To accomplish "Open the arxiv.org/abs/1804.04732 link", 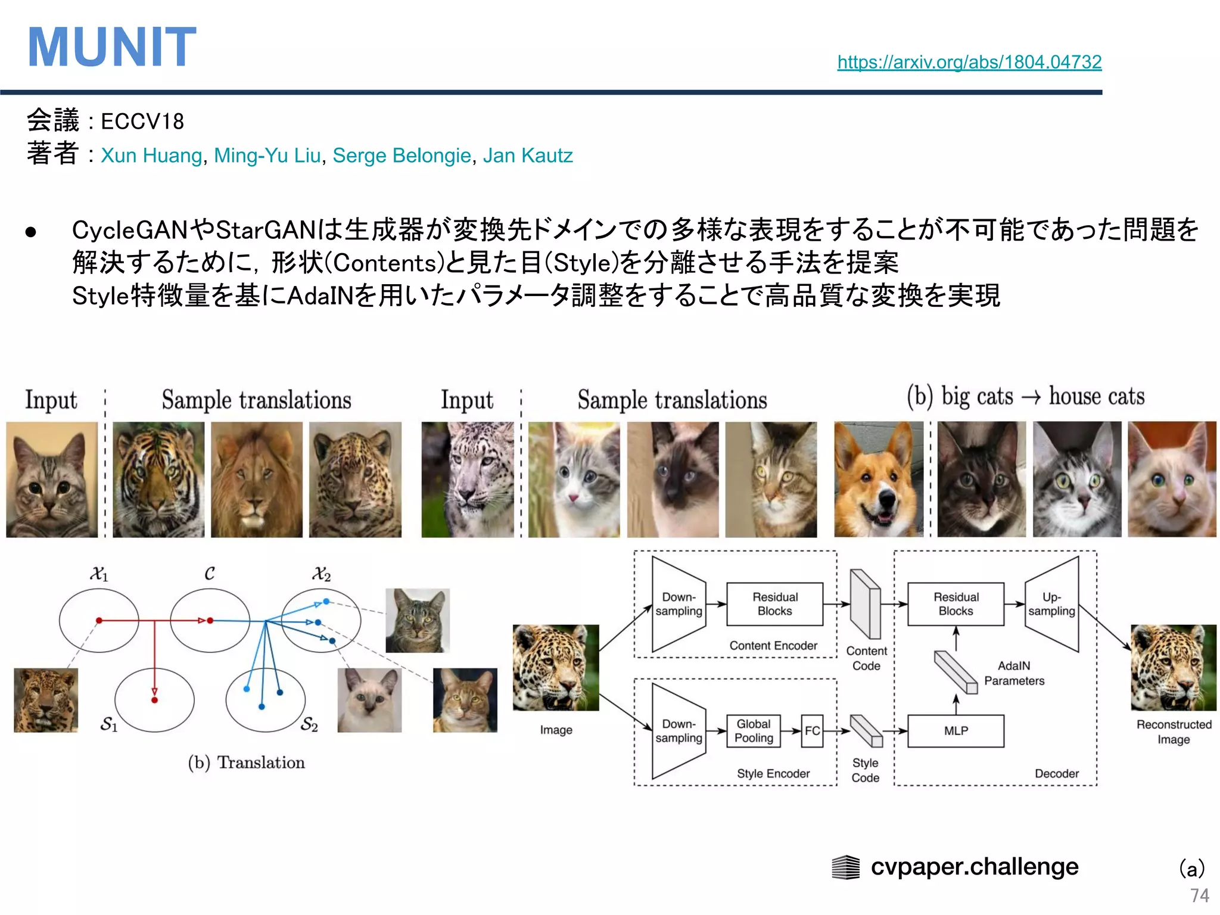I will tap(969, 62).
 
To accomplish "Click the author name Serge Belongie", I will tap(402, 155).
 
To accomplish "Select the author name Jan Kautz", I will tap(527, 155).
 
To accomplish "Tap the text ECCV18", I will tap(142, 122).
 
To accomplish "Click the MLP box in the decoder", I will tap(956, 730).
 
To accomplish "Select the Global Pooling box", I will tap(753, 730).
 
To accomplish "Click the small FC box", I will tap(812, 730).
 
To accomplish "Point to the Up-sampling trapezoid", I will tap(1052, 604).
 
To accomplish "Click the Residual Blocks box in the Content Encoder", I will tap(774, 604).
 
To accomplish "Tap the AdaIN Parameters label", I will tap(1014, 673).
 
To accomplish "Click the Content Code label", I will tap(866, 658).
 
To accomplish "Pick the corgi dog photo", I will tap(878, 480).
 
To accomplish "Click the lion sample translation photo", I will tap(257, 480).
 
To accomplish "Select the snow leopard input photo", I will tap(468, 480).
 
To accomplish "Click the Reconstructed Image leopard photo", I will tap(1173, 667).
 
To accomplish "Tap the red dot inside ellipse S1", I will tap(154, 700).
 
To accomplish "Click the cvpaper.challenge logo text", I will tap(975, 866).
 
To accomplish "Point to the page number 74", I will tap(1199, 895).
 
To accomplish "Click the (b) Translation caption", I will tap(246, 762).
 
